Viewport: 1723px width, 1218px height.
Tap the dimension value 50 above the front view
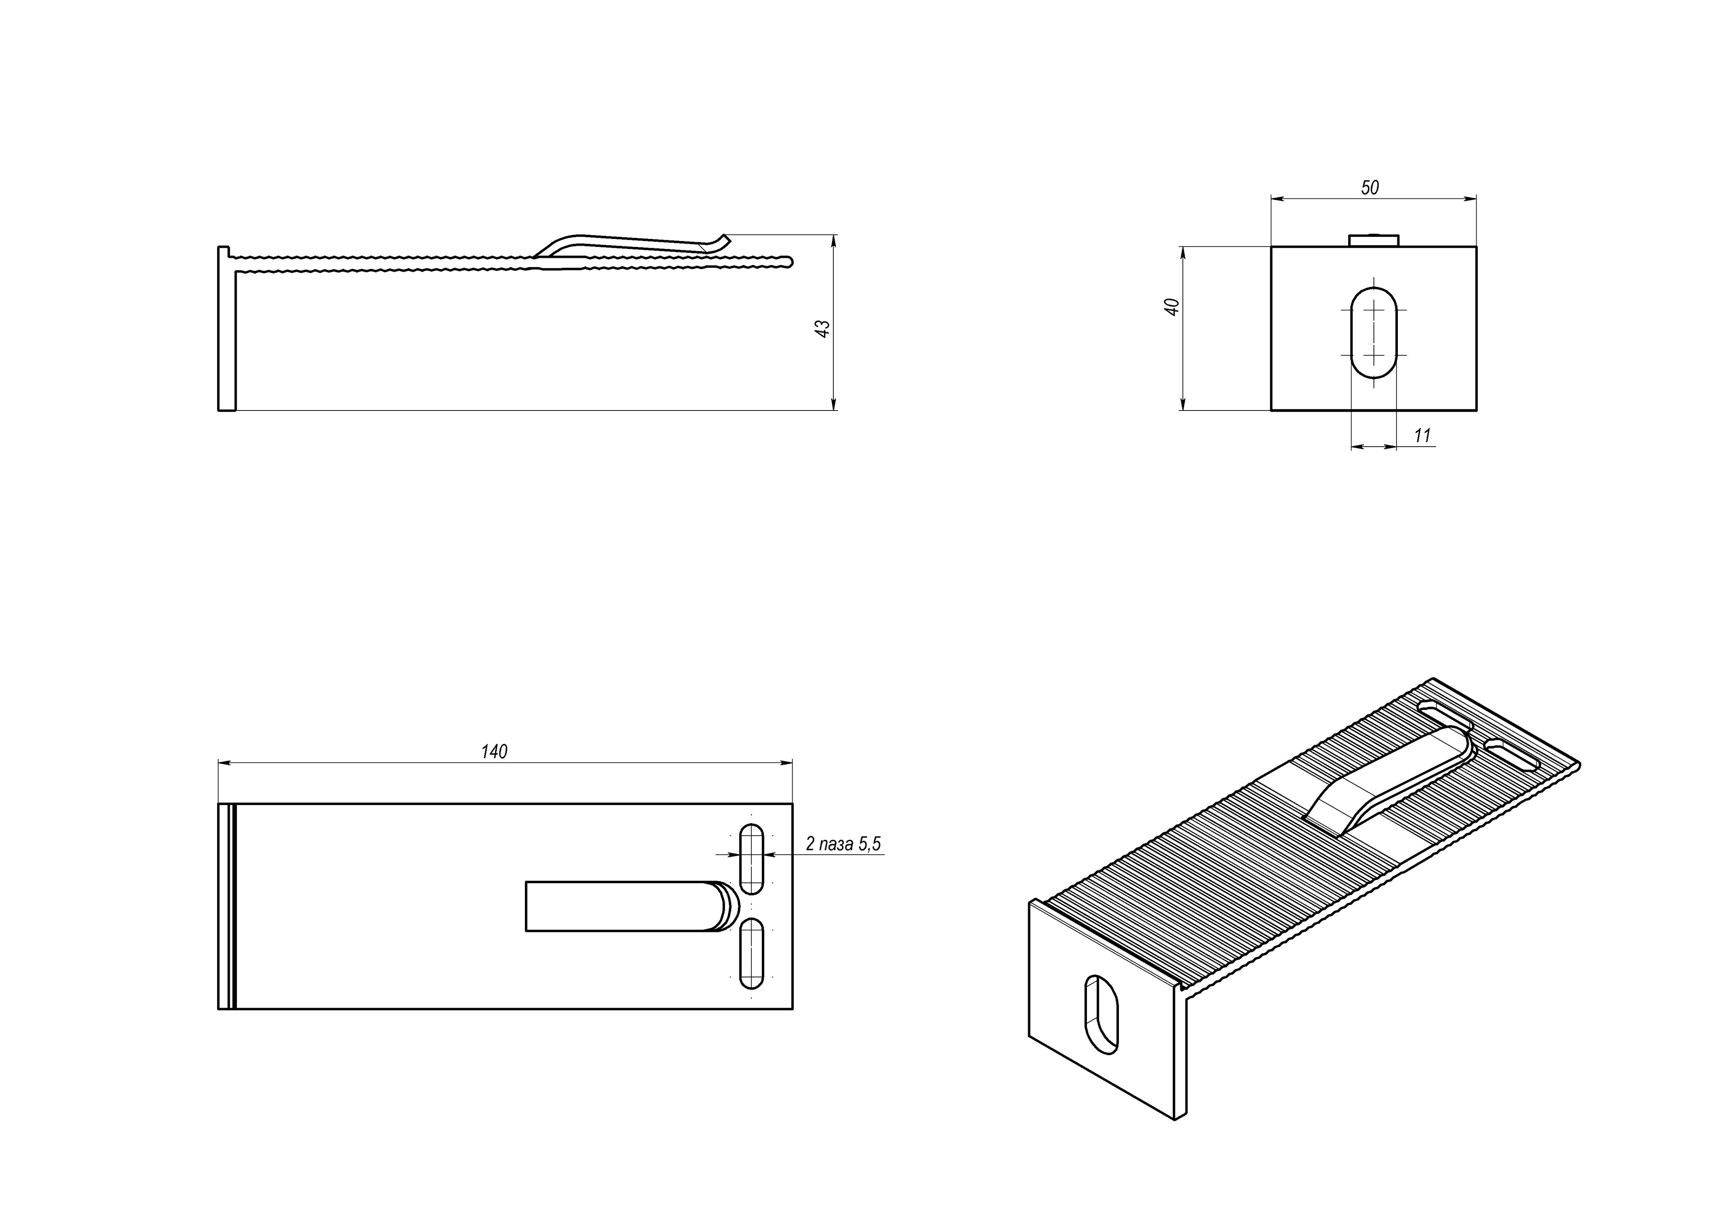pyautogui.click(x=1370, y=188)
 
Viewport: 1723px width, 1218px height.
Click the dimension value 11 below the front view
pyautogui.click(x=1422, y=435)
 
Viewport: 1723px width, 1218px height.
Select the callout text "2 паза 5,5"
pyautogui.click(x=843, y=844)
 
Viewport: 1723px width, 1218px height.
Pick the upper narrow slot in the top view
pyautogui.click(x=751, y=859)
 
